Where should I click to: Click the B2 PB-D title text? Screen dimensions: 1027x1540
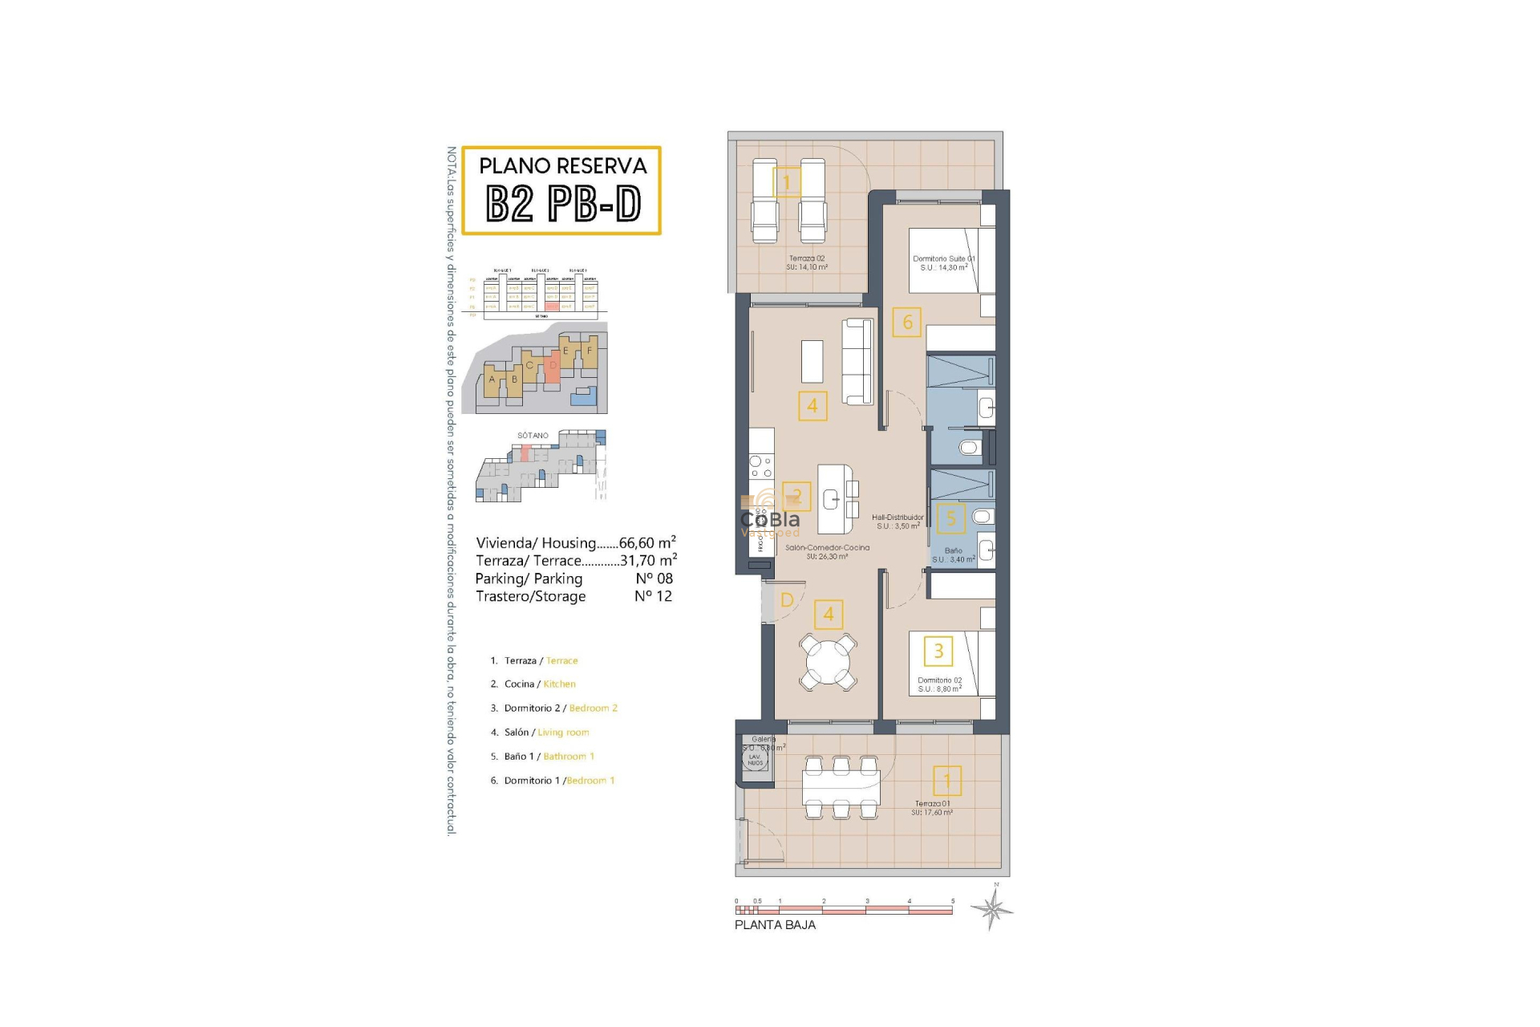click(563, 204)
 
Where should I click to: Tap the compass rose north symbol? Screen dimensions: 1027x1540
click(992, 910)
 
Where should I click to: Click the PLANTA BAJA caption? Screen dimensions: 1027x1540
click(775, 925)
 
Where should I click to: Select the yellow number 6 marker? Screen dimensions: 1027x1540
click(907, 323)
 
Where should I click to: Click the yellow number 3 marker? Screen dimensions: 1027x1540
click(938, 651)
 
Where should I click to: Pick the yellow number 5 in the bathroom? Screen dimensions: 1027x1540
click(951, 518)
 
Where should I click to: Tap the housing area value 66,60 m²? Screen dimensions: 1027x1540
click(647, 543)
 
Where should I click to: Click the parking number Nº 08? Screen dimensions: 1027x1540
click(654, 578)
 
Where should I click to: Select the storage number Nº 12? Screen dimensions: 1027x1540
click(653, 596)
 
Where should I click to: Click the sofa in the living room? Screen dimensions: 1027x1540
click(857, 362)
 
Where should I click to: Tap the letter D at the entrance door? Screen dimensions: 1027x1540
click(787, 600)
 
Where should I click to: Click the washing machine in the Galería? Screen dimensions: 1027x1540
click(756, 759)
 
